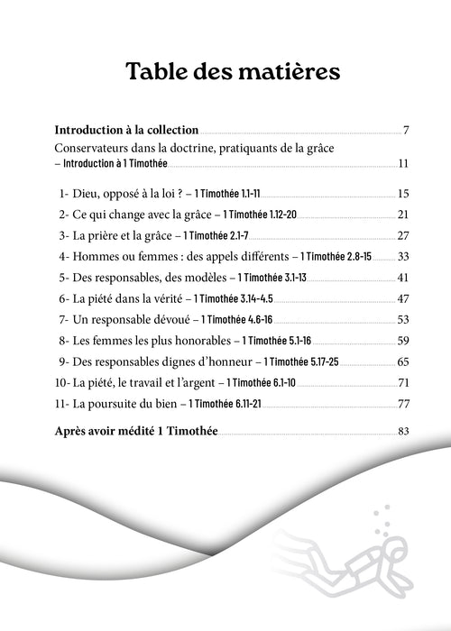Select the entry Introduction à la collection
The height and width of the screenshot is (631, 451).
(127, 131)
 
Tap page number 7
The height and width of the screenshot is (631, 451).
(407, 132)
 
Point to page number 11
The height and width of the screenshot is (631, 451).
(403, 163)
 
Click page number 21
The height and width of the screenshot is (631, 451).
(403, 215)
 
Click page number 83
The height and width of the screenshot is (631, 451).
(403, 432)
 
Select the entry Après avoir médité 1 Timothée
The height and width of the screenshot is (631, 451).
(136, 432)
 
